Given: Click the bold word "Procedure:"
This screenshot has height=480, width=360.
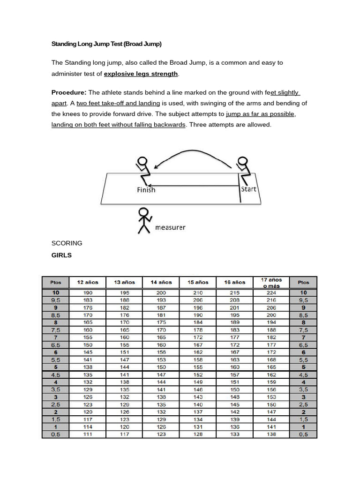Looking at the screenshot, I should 68,92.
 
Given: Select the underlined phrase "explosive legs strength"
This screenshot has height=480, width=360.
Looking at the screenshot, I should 141,74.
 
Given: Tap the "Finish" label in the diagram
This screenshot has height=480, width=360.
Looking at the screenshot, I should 146,190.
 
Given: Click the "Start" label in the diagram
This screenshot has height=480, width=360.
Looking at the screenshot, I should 248,189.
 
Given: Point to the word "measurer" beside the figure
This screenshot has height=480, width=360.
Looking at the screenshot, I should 170,227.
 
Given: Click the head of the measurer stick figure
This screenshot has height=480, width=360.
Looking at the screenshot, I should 142,212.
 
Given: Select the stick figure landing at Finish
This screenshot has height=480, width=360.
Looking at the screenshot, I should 142,171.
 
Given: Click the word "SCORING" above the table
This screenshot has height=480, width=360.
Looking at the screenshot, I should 67,243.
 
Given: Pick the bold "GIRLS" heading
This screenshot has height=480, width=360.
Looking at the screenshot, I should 61,255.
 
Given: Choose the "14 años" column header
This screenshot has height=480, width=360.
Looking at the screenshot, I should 161,282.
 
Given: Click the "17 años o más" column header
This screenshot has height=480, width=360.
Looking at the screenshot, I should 271,282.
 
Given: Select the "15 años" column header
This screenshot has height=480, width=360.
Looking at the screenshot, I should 198,282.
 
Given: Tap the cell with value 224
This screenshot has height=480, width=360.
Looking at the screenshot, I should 271,292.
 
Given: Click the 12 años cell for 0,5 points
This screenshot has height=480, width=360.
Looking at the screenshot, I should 88,434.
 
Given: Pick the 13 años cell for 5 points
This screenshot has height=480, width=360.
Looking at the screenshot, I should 125,367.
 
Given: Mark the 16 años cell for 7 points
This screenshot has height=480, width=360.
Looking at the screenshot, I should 235,337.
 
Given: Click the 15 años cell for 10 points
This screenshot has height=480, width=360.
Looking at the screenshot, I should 198,292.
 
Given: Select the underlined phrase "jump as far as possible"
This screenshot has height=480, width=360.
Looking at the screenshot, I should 261,114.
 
